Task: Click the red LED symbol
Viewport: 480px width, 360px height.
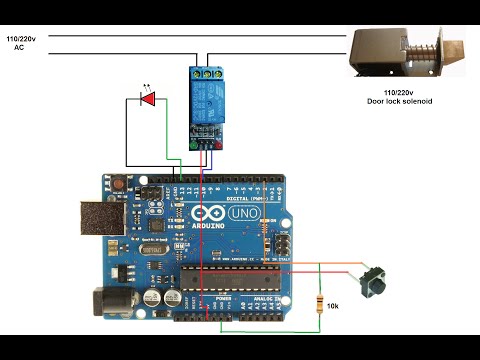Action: point(150,100)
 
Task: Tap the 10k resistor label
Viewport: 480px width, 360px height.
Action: point(334,305)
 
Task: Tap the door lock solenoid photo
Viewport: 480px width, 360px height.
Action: point(405,52)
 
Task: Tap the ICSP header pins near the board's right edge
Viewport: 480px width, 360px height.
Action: point(283,244)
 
